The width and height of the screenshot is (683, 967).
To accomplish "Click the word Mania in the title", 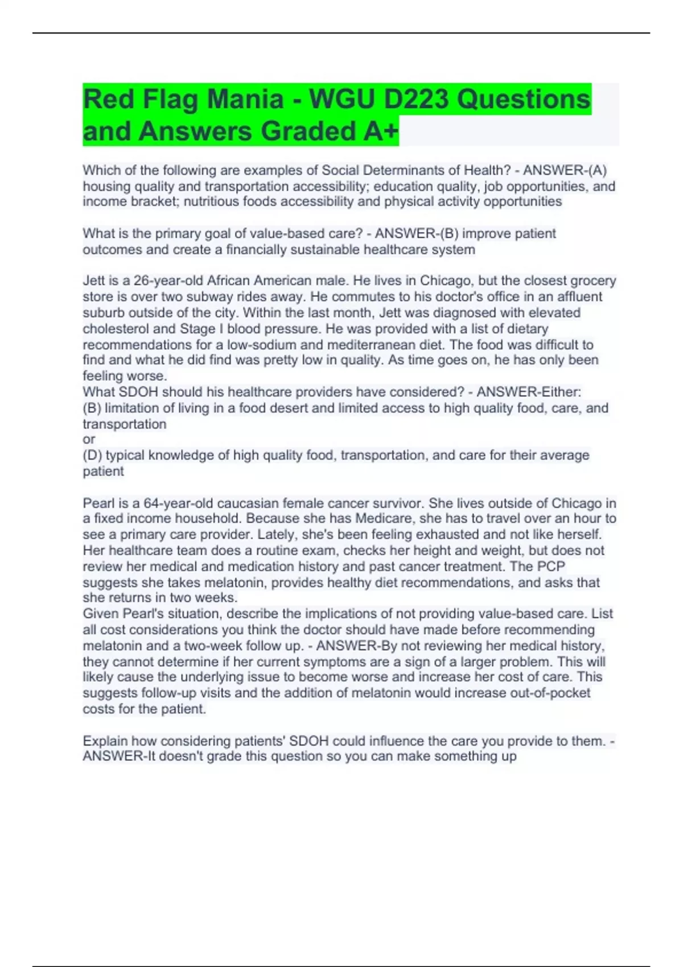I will pos(245,100).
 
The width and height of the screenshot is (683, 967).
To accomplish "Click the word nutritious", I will pos(211,201).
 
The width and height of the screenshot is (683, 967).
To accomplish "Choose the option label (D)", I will pos(93,455).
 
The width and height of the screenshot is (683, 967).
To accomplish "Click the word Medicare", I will pos(383,519).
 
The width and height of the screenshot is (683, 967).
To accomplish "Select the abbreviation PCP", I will pos(551,567).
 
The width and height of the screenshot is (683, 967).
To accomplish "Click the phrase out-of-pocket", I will pos(549,693).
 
